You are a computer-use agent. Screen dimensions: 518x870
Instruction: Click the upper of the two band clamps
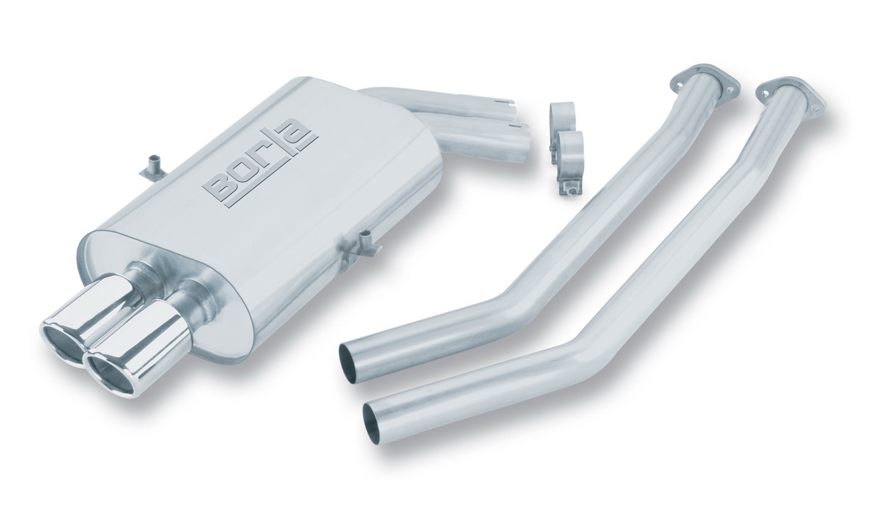(x=562, y=115)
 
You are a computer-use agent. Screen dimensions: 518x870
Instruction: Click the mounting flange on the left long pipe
(x=705, y=85)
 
